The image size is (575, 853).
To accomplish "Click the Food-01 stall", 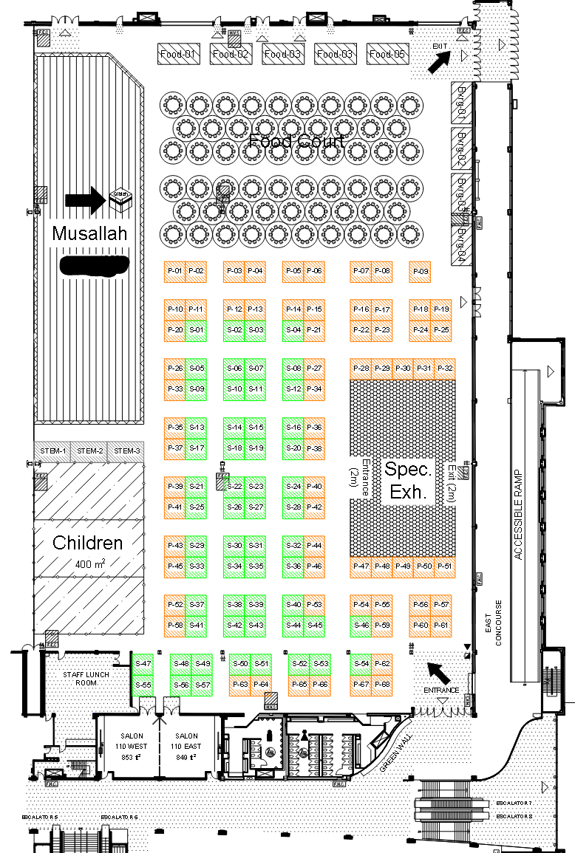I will pyautogui.click(x=180, y=54).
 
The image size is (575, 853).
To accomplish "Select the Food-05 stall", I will pyautogui.click(x=388, y=54).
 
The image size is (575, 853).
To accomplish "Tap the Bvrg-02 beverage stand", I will pyautogui.click(x=461, y=147).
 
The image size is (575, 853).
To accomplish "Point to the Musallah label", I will pyautogui.click(x=89, y=234).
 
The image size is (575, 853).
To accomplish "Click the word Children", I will pyautogui.click(x=87, y=543).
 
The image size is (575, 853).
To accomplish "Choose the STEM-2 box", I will pyautogui.click(x=89, y=451).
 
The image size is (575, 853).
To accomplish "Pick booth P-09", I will pyautogui.click(x=420, y=272).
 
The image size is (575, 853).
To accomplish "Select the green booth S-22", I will pyautogui.click(x=234, y=486).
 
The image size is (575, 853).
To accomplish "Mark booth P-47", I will pyautogui.click(x=361, y=566).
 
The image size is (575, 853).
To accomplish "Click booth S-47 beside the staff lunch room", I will pyautogui.click(x=143, y=664).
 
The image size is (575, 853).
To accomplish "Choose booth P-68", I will pyautogui.click(x=382, y=685).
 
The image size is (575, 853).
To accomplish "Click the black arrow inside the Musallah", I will pyautogui.click(x=86, y=199).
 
